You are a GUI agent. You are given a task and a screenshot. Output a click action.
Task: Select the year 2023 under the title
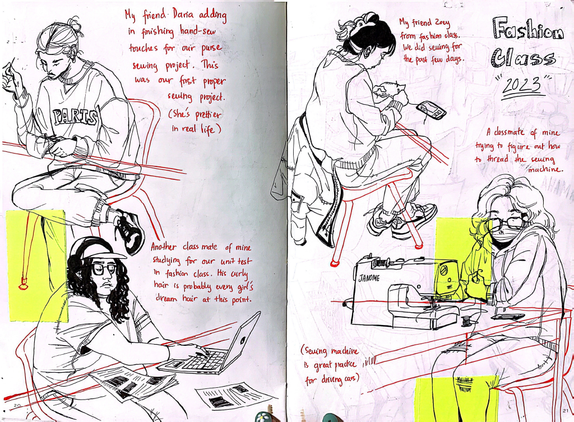pyautogui.click(x=522, y=86)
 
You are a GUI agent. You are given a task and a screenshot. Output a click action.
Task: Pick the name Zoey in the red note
pyautogui.click(x=443, y=24)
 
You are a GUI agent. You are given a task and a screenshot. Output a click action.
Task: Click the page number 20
pyautogui.click(x=16, y=405)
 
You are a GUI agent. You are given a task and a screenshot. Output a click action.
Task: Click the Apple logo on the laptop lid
pyautogui.click(x=242, y=339)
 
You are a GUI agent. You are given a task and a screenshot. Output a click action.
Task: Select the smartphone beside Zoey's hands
pyautogui.click(x=432, y=109)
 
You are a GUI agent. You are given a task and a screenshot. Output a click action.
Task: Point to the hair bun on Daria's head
pyautogui.click(x=72, y=24)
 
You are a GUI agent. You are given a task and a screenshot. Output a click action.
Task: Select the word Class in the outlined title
pyautogui.click(x=524, y=58)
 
